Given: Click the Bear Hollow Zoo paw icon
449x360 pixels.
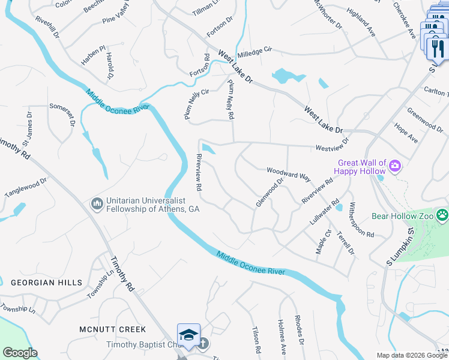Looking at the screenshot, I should [442, 214].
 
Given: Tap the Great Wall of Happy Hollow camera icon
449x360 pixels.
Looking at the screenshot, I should [395, 165].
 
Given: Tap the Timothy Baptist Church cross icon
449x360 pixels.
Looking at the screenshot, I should [203, 344].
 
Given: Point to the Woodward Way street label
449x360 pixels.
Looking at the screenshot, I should [288, 175].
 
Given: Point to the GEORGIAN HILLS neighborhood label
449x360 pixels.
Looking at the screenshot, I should [40, 282].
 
